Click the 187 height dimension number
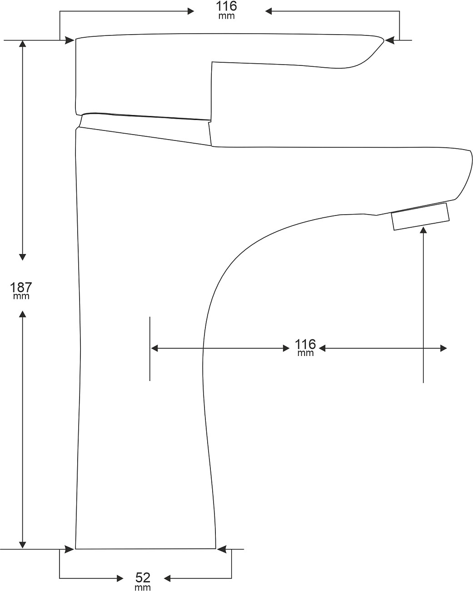pyautogui.click(x=21, y=287)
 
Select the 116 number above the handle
pyautogui.click(x=226, y=6)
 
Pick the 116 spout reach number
pyautogui.click(x=305, y=344)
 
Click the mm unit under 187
pyautogui.click(x=21, y=296)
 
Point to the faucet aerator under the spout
pyautogui.click(x=420, y=216)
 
